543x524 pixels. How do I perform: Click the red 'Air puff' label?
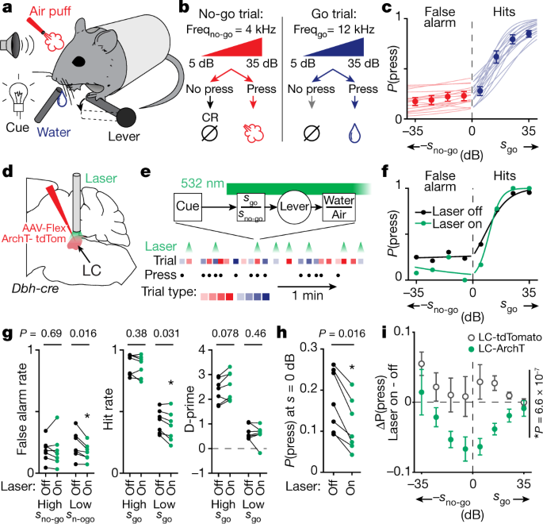53,10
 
